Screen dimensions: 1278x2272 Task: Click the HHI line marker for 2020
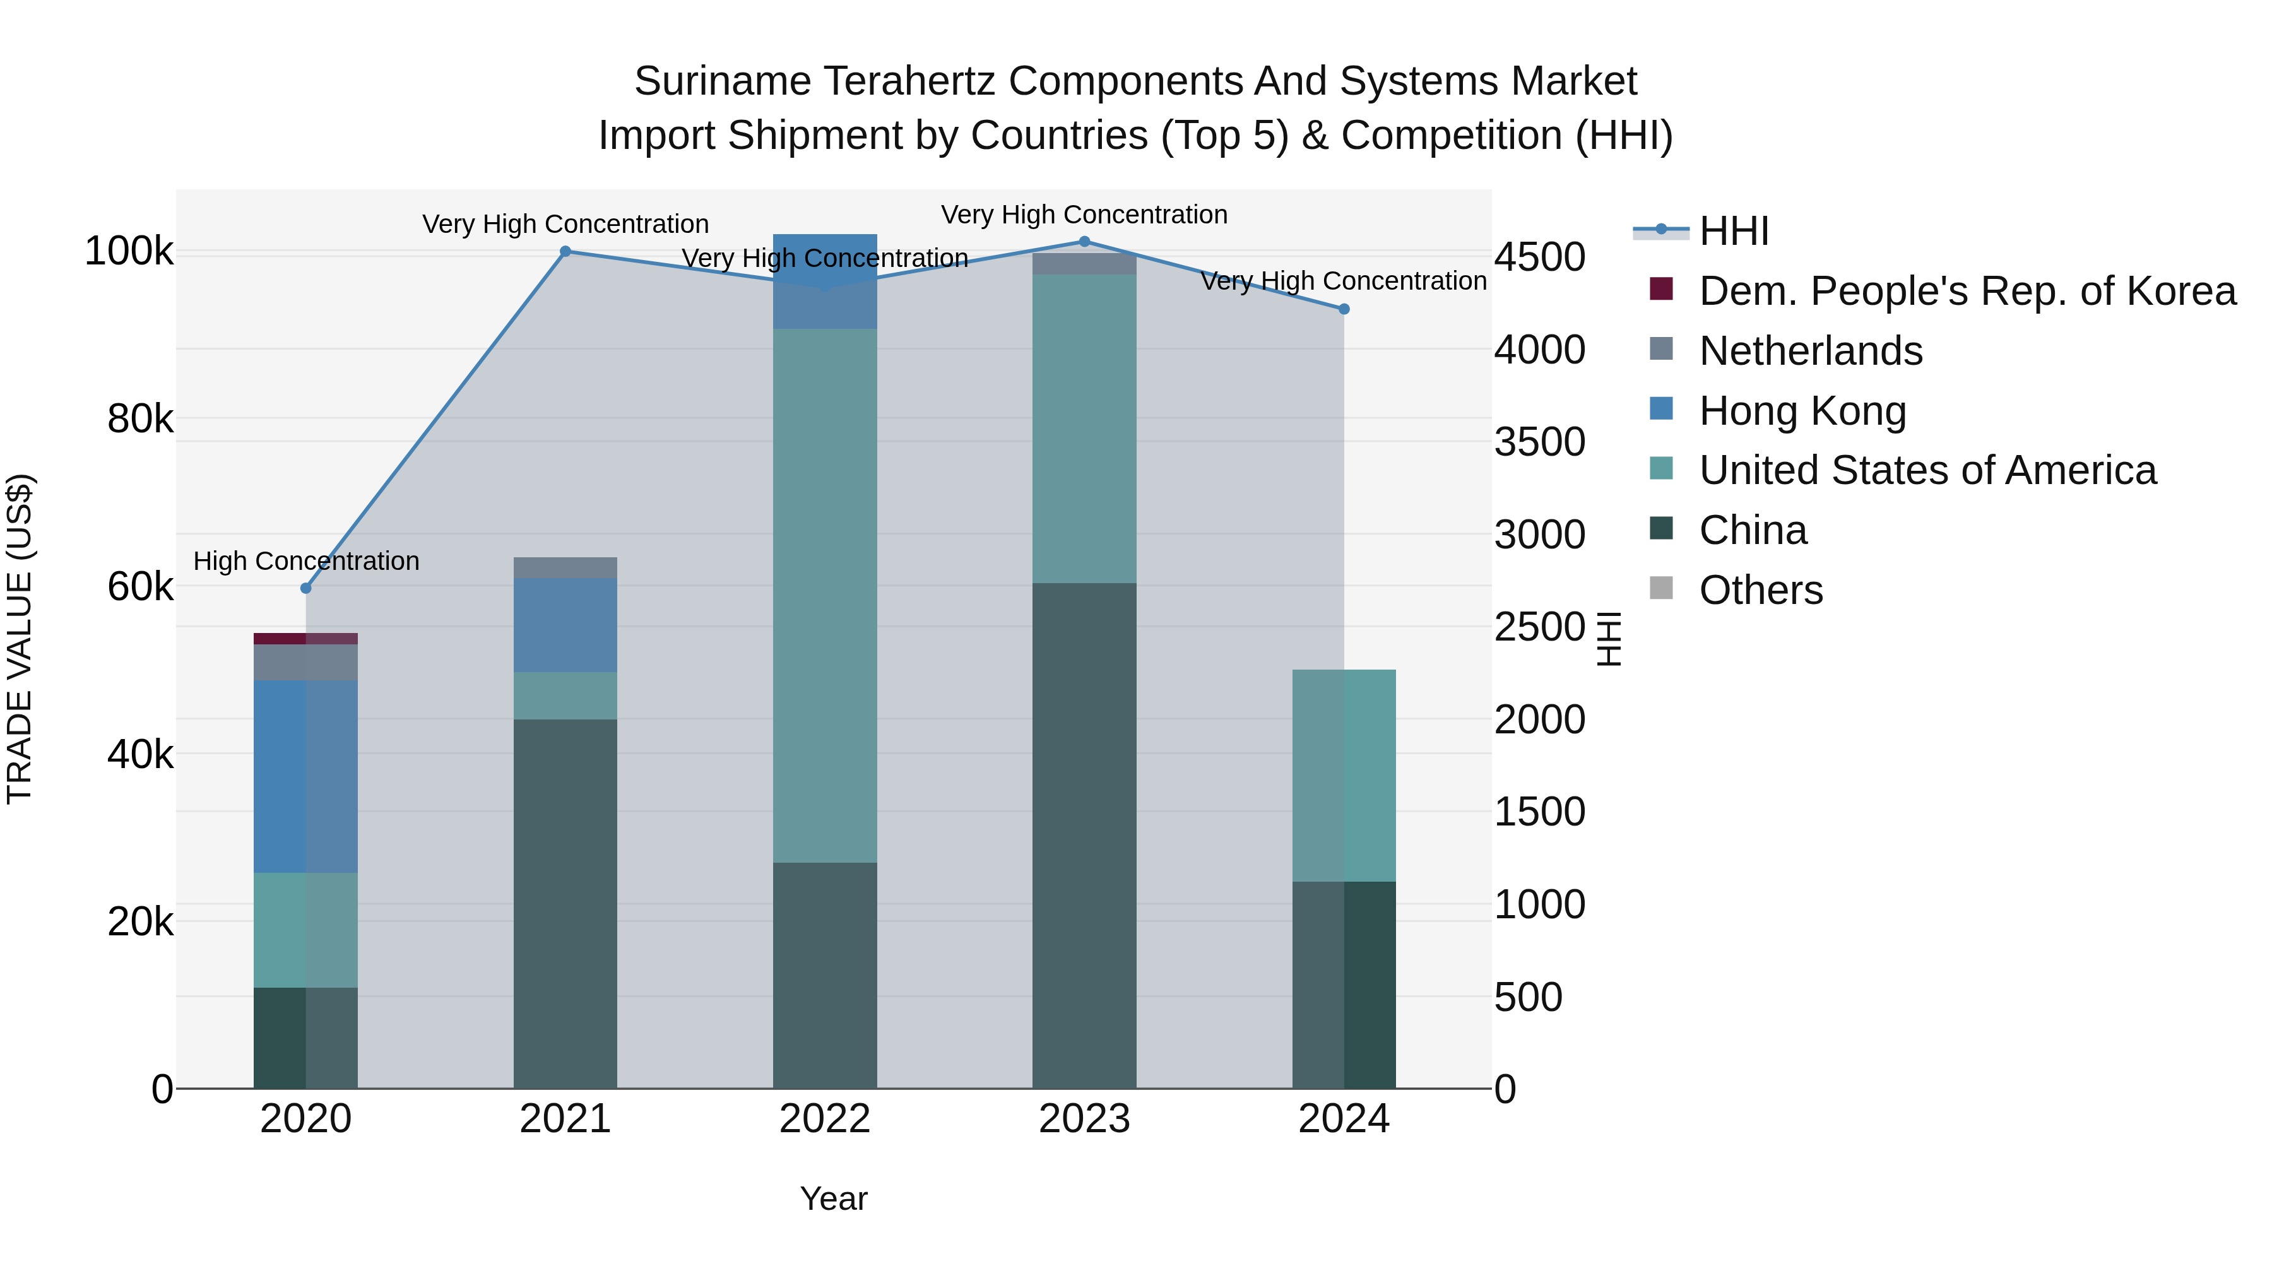pos(306,588)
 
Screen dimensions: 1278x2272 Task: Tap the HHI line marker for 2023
pos(1084,242)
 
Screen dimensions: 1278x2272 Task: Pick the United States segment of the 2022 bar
pos(825,595)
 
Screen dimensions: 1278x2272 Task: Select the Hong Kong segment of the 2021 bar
pos(565,625)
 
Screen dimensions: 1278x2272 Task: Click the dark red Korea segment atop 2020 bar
pos(305,639)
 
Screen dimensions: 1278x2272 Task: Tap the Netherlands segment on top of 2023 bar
pos(1084,264)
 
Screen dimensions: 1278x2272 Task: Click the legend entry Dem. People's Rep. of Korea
pos(1967,291)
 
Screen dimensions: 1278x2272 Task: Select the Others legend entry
pos(1760,590)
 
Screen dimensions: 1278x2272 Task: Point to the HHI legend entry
pos(1733,231)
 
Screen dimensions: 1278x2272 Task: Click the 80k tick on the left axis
pos(139,419)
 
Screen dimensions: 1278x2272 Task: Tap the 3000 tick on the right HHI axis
pos(1539,535)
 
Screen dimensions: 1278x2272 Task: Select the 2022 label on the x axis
pos(825,1119)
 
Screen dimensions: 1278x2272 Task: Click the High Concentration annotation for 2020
pos(306,561)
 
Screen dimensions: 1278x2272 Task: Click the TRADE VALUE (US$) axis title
pos(20,639)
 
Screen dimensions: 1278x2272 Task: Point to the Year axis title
pos(834,1198)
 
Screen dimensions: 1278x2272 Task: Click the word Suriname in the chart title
pos(723,82)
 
